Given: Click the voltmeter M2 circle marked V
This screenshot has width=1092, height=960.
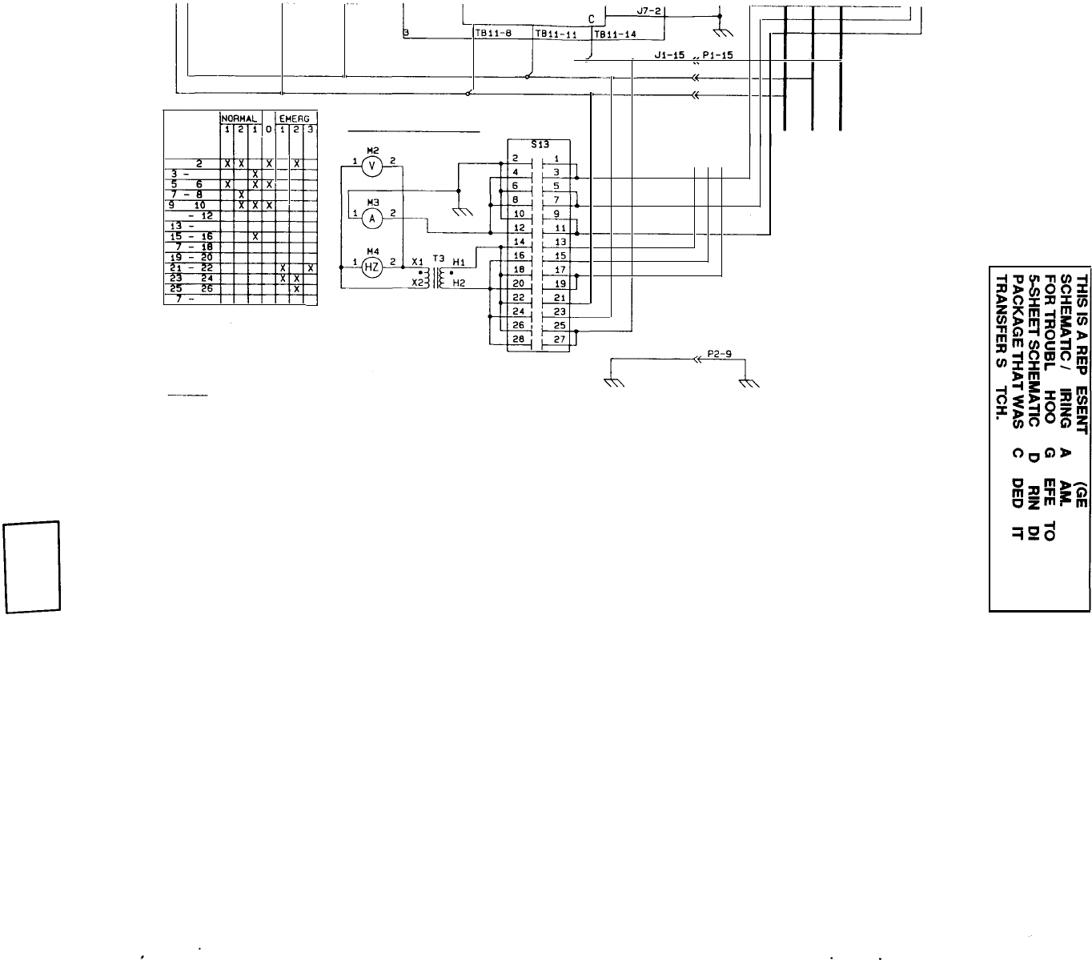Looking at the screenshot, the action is click(x=370, y=165).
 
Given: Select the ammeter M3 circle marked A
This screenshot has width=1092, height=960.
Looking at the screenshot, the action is click(x=370, y=215).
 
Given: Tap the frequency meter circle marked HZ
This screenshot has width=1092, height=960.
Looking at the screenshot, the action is click(x=371, y=267).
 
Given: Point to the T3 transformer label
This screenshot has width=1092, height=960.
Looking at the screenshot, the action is click(x=438, y=259).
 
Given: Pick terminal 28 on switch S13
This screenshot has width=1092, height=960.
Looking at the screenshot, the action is click(x=518, y=339).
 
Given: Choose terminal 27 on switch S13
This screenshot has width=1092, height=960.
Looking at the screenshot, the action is click(x=560, y=339).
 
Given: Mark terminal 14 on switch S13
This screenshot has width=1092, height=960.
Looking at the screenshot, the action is click(x=518, y=241).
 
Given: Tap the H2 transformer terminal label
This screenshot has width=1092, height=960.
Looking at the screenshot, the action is click(x=459, y=283).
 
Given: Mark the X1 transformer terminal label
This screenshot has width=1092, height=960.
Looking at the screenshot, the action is click(x=417, y=262).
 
